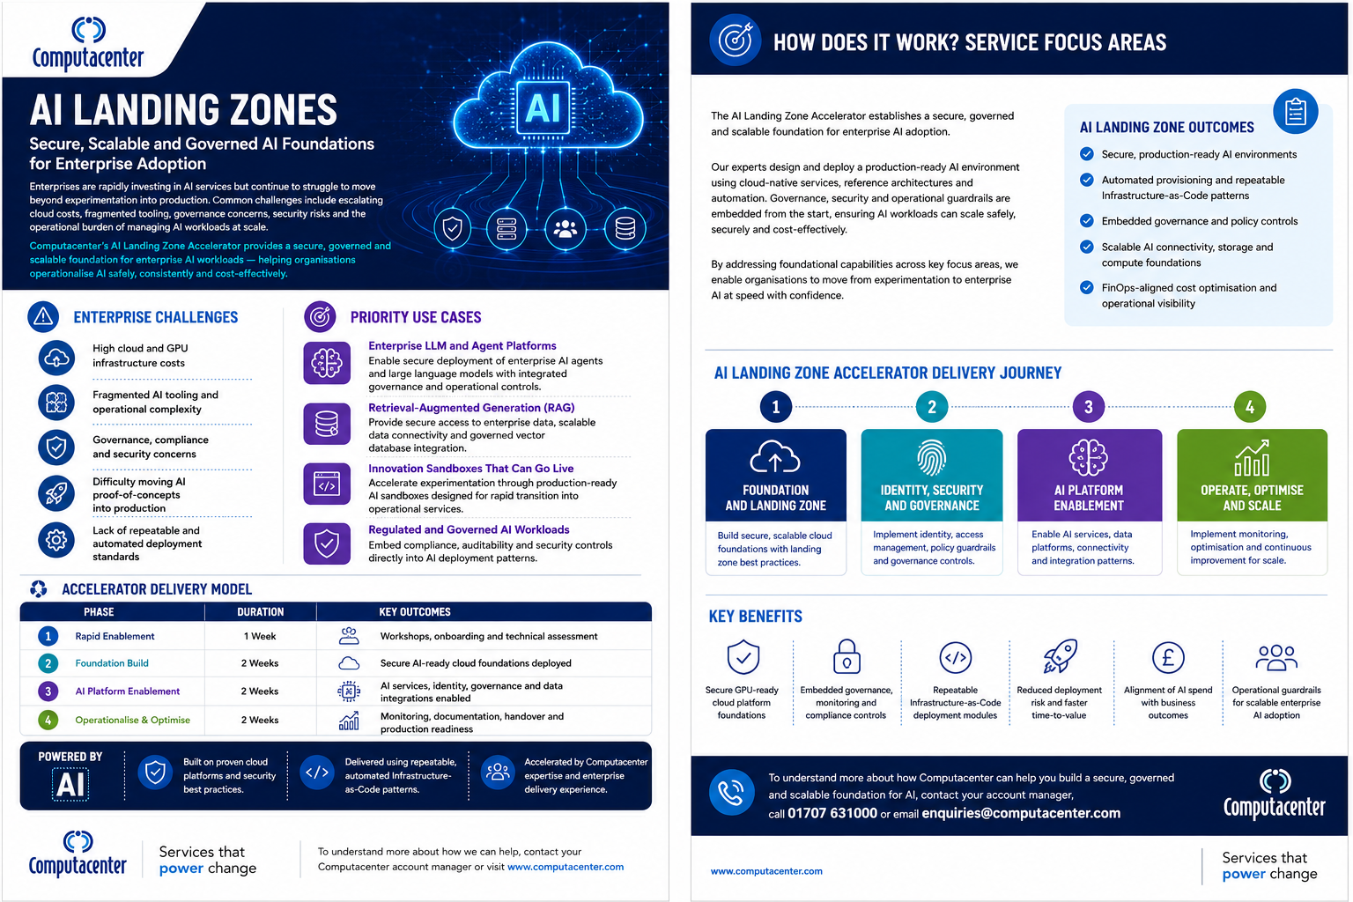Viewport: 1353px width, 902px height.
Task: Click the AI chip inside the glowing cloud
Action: tap(543, 107)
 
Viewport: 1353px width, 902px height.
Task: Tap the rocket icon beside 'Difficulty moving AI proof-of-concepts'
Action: tap(56, 493)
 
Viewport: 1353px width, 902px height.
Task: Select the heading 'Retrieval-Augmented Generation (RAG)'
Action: tap(471, 408)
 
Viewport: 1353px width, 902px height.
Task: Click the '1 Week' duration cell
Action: tap(260, 636)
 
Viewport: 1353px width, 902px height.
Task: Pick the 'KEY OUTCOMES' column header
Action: tap(414, 612)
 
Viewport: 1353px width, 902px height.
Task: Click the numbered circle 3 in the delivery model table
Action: tap(48, 691)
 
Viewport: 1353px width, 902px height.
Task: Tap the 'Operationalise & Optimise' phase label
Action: tap(132, 720)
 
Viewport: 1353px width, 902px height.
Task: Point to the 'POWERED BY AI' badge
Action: tap(70, 776)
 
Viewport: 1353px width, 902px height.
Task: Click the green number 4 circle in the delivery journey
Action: tap(1250, 407)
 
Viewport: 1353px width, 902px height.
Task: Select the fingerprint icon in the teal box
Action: tap(931, 458)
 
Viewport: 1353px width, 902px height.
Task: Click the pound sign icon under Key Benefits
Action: tap(1167, 657)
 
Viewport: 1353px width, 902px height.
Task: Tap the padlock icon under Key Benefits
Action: tap(847, 657)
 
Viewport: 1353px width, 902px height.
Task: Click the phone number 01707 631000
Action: tap(832, 813)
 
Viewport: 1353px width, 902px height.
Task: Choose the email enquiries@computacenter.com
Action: tap(1021, 813)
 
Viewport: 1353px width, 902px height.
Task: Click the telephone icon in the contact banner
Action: tap(731, 792)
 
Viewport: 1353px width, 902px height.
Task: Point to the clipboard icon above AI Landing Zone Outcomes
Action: tap(1295, 112)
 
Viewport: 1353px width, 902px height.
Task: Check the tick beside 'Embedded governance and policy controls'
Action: tap(1087, 220)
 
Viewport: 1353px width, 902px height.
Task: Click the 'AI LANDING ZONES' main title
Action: tap(183, 110)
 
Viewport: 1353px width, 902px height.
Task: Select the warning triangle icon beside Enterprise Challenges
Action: tap(43, 316)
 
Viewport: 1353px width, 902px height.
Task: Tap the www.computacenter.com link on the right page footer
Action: tap(765, 871)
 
